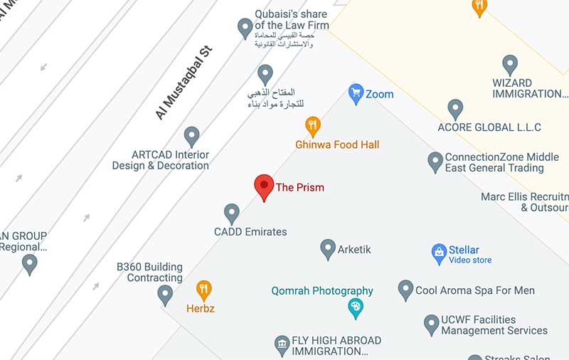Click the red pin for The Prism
click(x=264, y=186)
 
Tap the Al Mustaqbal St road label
click(x=184, y=83)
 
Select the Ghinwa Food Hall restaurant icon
click(x=313, y=127)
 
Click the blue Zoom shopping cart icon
click(x=356, y=92)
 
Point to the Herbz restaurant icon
click(x=204, y=290)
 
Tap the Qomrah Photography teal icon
click(x=355, y=308)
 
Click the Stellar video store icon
click(x=439, y=252)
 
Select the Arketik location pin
click(x=328, y=248)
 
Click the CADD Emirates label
click(x=250, y=231)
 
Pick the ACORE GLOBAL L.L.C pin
click(x=455, y=109)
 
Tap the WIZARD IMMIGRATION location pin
click(x=510, y=65)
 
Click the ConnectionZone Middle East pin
click(x=435, y=162)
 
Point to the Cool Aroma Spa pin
click(x=405, y=290)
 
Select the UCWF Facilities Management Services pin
click(x=432, y=324)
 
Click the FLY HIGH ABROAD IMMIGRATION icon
click(x=282, y=346)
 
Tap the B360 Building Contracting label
click(x=149, y=272)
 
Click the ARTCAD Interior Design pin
click(x=191, y=136)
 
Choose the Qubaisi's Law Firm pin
click(x=245, y=28)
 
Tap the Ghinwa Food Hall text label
click(x=337, y=144)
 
